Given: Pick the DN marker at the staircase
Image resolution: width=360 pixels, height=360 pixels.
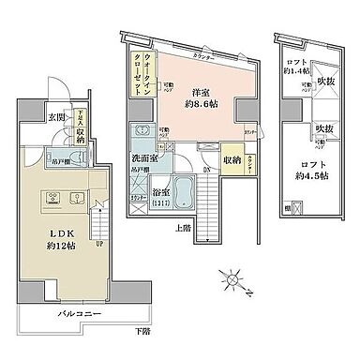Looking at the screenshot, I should [206, 171].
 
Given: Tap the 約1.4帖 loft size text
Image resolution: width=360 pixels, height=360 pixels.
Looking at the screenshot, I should [298, 70].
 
